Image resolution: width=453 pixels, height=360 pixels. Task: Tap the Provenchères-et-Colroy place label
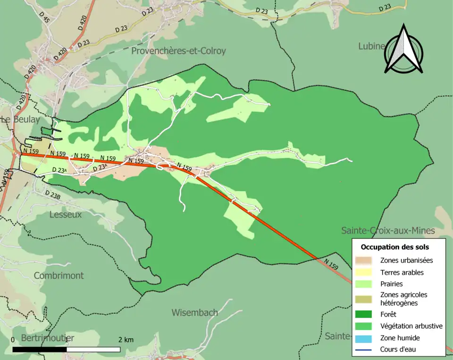point(179,51)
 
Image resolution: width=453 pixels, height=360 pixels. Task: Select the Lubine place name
point(372,46)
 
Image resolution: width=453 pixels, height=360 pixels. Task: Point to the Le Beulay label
point(20,120)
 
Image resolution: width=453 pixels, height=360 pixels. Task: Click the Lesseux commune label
point(65,215)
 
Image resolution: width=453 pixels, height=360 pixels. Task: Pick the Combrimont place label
point(59,276)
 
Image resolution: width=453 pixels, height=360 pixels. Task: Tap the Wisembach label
point(194,312)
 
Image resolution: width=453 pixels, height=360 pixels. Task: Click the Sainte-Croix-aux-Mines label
point(388,231)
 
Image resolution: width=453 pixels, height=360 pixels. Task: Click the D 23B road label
point(53,194)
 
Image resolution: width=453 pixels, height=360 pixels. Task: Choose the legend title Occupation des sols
point(394,247)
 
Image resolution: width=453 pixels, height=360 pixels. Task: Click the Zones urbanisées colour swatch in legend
point(364,260)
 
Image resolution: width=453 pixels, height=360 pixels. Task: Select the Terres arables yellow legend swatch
point(364,272)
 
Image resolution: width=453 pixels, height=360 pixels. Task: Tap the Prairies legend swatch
point(364,284)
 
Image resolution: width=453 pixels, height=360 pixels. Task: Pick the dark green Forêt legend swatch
point(364,314)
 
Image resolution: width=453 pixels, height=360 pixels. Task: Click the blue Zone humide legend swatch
point(364,338)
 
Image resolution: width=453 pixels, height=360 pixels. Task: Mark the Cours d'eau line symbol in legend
point(364,350)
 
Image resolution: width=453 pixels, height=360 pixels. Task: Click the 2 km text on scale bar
point(126,340)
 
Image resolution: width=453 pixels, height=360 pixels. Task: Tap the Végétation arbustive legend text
point(411,326)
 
